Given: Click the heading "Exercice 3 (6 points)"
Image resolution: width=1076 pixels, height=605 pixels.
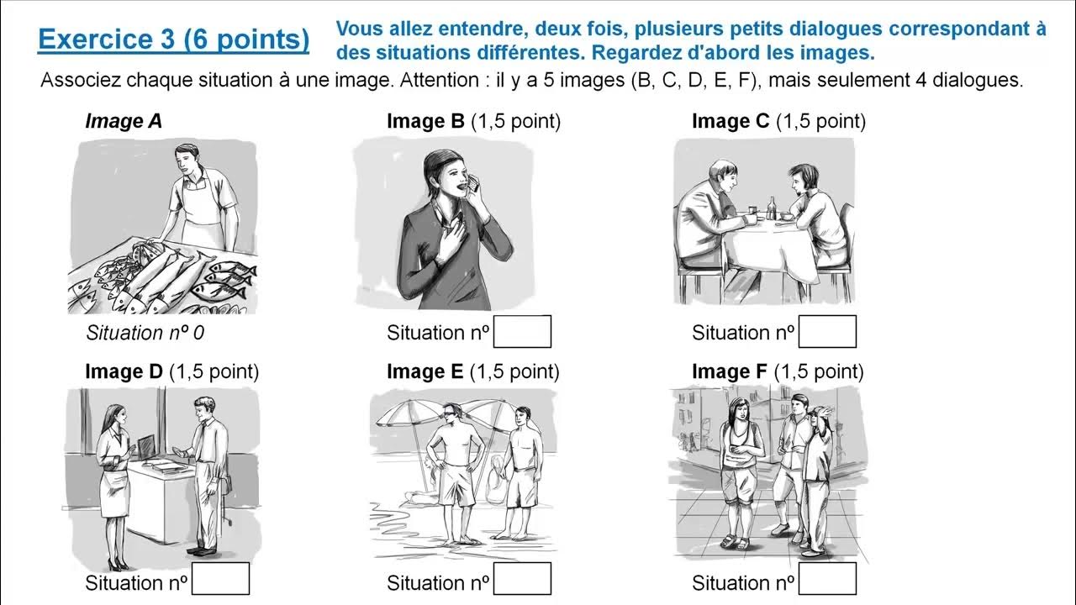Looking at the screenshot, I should tap(173, 39).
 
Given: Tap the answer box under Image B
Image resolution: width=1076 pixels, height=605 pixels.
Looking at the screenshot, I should tap(522, 332).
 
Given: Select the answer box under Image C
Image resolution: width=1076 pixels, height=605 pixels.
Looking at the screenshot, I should tap(827, 332).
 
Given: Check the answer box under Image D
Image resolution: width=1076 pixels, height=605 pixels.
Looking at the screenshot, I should tap(220, 579).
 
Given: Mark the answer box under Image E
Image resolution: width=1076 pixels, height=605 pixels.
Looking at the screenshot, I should tap(522, 579).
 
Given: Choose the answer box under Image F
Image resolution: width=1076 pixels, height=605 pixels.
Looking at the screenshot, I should tap(827, 579).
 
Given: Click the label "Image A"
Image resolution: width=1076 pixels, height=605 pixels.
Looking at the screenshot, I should tap(124, 121).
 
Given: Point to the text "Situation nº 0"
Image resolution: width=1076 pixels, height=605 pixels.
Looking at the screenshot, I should tap(145, 333).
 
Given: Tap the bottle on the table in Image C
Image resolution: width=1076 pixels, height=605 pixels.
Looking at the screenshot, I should tap(772, 208).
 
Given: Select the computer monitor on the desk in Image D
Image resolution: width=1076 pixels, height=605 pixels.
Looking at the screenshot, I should tap(145, 449).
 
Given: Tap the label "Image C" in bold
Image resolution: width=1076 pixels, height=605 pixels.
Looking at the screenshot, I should tap(730, 121).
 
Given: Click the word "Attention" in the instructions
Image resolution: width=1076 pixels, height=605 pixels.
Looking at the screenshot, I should tap(437, 82).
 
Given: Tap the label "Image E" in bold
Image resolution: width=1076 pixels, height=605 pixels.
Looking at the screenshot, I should tap(425, 371).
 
